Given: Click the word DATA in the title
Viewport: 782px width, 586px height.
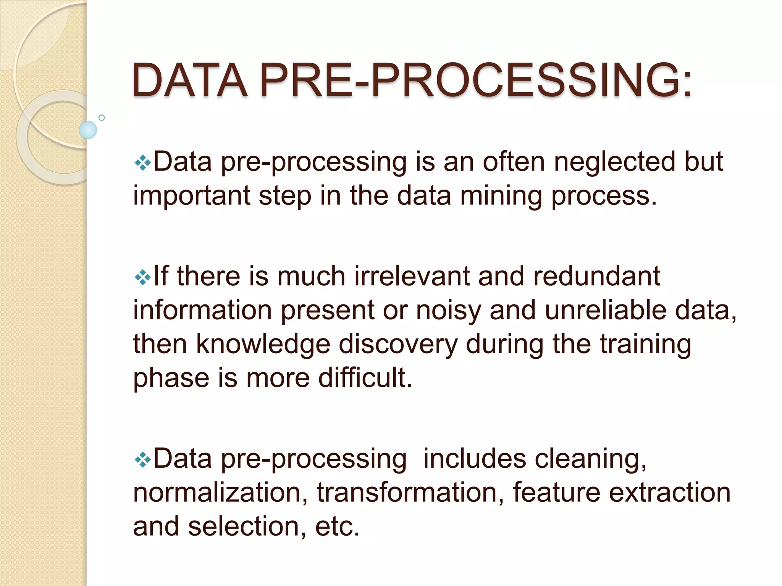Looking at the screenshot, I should coord(190,80).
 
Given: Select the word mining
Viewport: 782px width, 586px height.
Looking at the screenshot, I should coord(501,196).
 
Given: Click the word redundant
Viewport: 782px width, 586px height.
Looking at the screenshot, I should coord(596,276).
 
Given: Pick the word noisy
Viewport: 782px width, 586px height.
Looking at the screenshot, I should coord(448,311).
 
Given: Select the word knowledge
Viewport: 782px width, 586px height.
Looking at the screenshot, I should coord(263,345).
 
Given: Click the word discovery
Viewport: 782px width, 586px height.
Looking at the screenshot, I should coord(398,345).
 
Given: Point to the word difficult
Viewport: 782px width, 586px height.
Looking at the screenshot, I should coord(365,378).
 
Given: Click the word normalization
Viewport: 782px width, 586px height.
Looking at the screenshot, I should coord(220,493).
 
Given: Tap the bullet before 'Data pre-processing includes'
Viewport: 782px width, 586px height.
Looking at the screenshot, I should coord(142,460).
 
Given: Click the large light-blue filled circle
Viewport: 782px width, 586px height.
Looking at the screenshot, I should coord(88,130).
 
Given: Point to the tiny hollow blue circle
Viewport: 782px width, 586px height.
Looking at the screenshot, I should coord(102,118).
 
